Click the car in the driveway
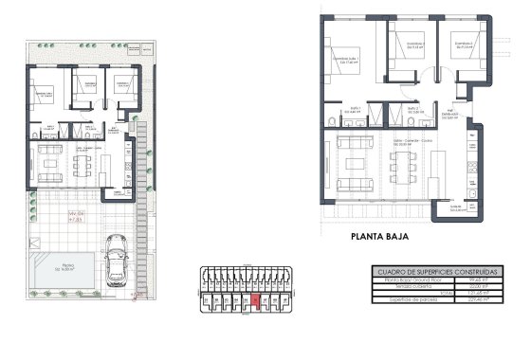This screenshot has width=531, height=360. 117,260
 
